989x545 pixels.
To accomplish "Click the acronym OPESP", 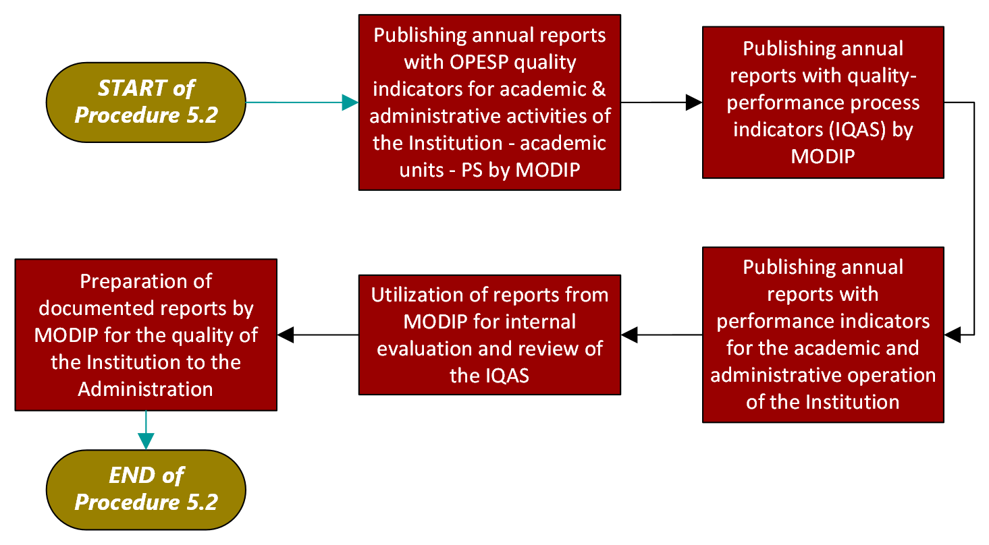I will [478, 63].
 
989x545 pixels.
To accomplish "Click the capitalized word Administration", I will [146, 389].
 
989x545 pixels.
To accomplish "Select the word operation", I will [897, 375].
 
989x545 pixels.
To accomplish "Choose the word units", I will [421, 169].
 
